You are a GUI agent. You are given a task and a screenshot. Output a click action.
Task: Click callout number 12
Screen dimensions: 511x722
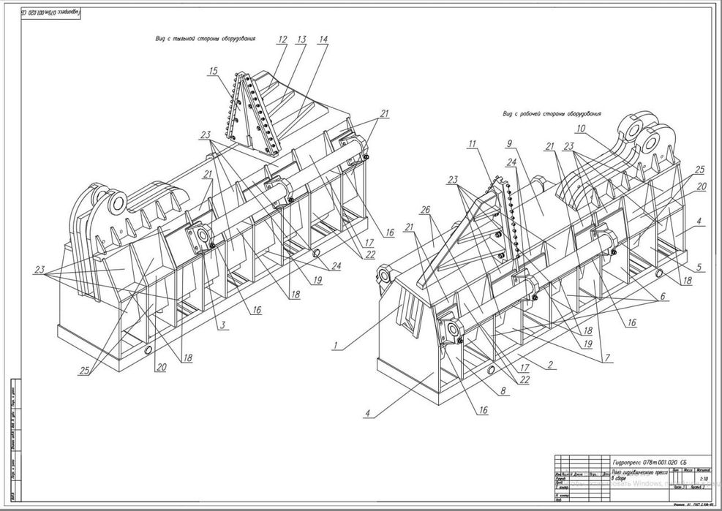click(x=282, y=40)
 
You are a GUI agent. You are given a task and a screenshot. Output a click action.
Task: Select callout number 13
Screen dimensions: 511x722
click(x=301, y=40)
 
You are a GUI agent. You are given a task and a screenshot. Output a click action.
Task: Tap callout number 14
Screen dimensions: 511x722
click(x=323, y=40)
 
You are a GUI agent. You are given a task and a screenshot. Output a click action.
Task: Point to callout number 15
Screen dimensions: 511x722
click(x=213, y=71)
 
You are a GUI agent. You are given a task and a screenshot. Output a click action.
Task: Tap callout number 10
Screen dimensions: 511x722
click(x=582, y=127)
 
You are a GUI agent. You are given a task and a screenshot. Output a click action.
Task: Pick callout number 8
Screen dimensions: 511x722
click(x=503, y=392)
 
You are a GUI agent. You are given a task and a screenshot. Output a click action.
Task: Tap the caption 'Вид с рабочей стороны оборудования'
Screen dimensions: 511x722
click(x=552, y=114)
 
